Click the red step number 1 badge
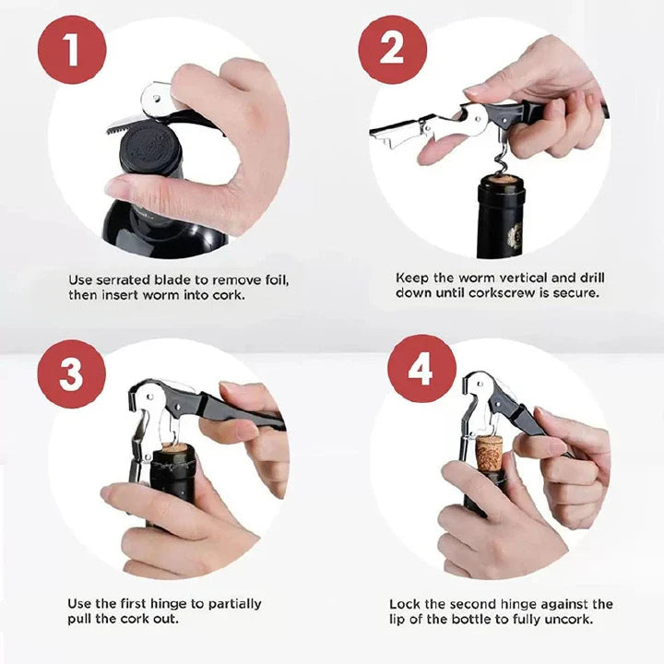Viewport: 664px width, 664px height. click(72, 49)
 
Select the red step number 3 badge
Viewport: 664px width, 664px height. click(72, 373)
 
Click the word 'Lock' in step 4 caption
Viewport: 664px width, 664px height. click(404, 604)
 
